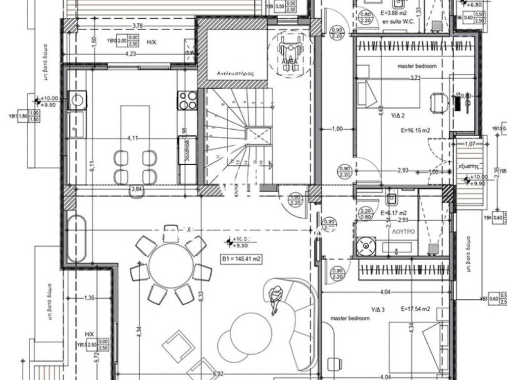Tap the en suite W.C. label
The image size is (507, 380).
pos(399,21)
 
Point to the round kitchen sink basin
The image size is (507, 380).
pos(78,99)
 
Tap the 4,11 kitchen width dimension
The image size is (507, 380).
pos(132,138)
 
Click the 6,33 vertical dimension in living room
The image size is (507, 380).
pos(201,296)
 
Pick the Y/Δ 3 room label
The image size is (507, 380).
pos(378,310)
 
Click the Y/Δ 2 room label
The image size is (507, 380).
pos(398,116)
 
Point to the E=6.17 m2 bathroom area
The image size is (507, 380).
pos(395,213)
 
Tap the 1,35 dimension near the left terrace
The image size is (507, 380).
pos(89,298)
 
